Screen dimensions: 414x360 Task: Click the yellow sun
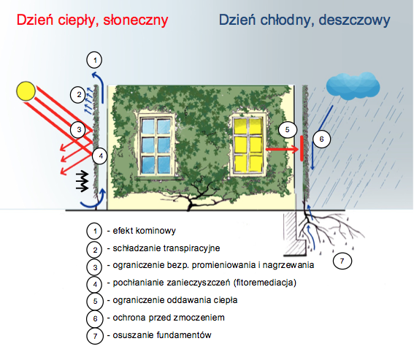click(26, 91)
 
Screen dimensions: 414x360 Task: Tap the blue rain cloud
click(353, 85)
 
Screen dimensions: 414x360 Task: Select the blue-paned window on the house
click(156, 145)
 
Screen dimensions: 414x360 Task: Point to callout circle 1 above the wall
click(94, 60)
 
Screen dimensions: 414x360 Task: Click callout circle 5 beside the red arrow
click(288, 129)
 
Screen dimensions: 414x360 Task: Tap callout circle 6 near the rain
click(321, 139)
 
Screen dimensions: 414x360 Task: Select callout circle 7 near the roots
click(342, 261)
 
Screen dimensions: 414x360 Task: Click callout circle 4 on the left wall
click(100, 156)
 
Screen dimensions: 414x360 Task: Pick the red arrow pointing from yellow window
click(282, 149)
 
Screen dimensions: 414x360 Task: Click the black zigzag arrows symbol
click(82, 181)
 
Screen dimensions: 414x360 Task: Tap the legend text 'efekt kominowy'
click(144, 231)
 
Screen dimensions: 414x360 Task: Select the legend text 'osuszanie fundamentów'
click(162, 335)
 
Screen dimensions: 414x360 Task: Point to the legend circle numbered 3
click(95, 267)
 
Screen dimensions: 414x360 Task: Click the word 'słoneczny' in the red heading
click(136, 20)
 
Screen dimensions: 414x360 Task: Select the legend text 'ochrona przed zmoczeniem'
click(169, 318)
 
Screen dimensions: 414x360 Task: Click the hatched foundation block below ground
click(294, 234)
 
